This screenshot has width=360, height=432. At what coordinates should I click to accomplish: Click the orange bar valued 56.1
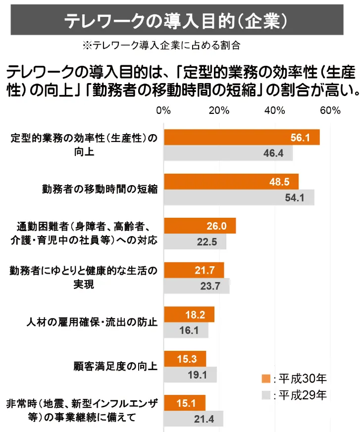coord(241,138)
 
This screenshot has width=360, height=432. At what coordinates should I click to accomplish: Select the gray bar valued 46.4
coord(228,153)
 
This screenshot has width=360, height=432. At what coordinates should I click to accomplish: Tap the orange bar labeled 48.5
coord(231,182)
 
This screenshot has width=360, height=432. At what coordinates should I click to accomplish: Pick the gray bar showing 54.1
coord(239,197)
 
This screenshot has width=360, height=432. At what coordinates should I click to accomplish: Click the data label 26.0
coord(216,226)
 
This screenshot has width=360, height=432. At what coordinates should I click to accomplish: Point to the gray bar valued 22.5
coord(195,241)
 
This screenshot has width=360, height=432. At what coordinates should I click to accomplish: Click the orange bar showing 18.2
coord(189,314)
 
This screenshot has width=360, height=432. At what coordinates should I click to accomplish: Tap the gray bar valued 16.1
coord(186,330)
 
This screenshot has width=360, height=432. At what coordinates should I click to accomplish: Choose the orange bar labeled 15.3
coord(185,359)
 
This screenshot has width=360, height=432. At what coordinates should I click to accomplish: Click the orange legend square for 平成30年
coord(266,379)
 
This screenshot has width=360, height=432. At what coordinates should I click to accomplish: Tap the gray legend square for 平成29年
coord(266,395)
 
